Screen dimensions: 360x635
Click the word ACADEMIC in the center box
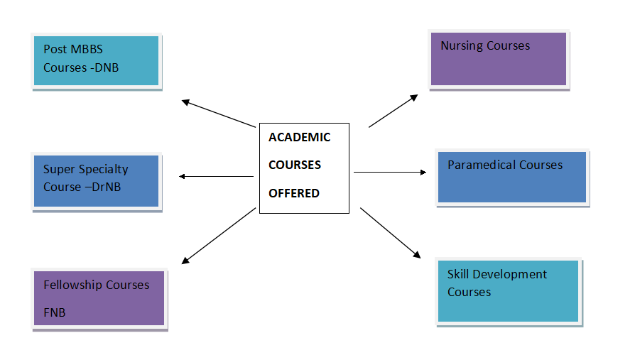[x=299, y=138]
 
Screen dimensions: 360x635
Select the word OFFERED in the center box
[x=293, y=193]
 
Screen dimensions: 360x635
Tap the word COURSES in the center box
[x=294, y=165]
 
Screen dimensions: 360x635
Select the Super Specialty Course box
[x=96, y=180]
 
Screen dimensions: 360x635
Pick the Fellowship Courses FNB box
[x=99, y=298]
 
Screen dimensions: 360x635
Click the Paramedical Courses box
[x=511, y=178]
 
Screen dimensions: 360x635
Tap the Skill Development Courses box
[x=509, y=291]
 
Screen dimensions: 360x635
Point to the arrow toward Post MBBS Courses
[x=218, y=114]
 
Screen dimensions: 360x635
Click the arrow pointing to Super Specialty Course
[x=217, y=176]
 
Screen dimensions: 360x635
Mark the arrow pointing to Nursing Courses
[x=393, y=111]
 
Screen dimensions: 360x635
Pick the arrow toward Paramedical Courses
[x=389, y=172]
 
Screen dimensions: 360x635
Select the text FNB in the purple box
[x=55, y=312]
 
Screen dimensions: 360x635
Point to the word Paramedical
[x=481, y=165]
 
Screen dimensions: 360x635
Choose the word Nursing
[x=461, y=46]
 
